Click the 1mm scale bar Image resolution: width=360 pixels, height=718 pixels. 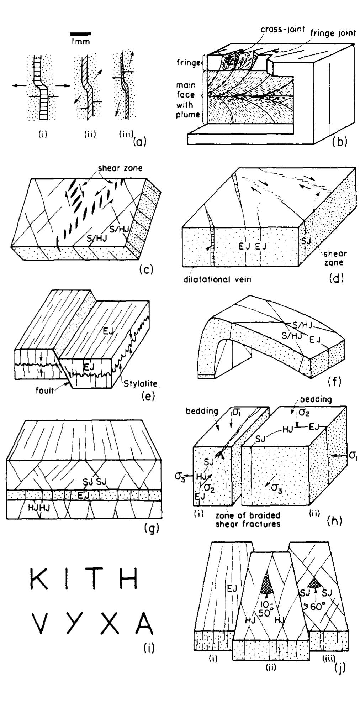pos(81,33)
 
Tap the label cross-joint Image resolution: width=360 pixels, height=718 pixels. pos(282,30)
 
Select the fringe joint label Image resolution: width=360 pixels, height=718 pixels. pos(333,33)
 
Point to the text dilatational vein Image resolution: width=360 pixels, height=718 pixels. pos(217,279)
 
